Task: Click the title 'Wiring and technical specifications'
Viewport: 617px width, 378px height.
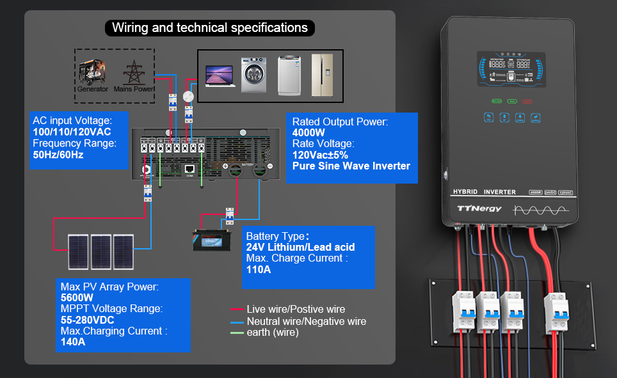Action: click(x=209, y=28)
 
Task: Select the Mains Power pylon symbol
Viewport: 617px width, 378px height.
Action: click(x=134, y=72)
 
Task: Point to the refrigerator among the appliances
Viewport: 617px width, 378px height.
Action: click(x=321, y=75)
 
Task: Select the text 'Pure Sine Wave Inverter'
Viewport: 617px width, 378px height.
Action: click(x=351, y=166)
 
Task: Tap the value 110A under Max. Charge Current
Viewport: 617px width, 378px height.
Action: click(x=259, y=269)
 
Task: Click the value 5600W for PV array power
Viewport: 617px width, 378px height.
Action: click(x=77, y=298)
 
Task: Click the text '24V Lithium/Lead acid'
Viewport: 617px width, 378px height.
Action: click(x=300, y=247)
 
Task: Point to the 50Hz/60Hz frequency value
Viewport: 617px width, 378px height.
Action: click(x=58, y=155)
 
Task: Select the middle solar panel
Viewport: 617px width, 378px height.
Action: click(x=101, y=251)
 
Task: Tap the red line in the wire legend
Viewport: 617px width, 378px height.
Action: click(x=237, y=310)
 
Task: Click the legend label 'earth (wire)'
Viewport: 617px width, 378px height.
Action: click(x=273, y=333)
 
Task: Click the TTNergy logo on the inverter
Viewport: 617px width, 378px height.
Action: click(x=479, y=209)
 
